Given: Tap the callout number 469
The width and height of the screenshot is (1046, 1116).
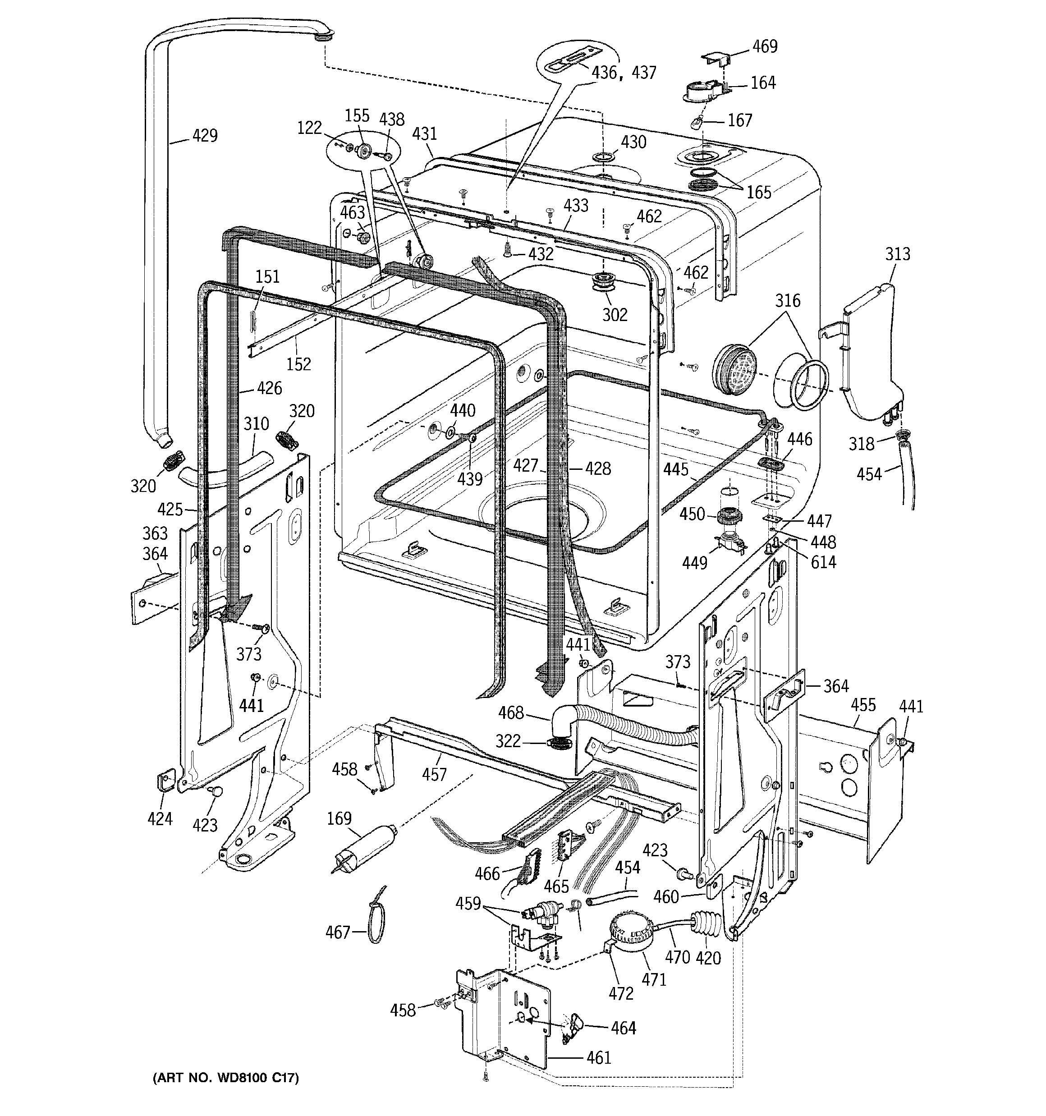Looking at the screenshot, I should point(765,46).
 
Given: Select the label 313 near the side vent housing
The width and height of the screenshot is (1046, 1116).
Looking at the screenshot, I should point(897,254).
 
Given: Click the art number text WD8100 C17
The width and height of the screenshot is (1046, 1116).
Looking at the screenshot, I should point(226,1077).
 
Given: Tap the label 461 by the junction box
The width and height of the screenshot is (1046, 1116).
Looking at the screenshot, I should point(598,1058).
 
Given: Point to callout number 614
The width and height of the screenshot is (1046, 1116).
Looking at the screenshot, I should point(823,562).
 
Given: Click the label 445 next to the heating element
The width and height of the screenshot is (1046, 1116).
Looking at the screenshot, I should point(675,469).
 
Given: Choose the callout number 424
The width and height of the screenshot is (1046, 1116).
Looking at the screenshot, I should point(160,818).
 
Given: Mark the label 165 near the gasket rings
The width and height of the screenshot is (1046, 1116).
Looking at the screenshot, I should point(758,192).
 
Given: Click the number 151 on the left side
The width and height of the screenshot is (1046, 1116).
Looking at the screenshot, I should point(267,276).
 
